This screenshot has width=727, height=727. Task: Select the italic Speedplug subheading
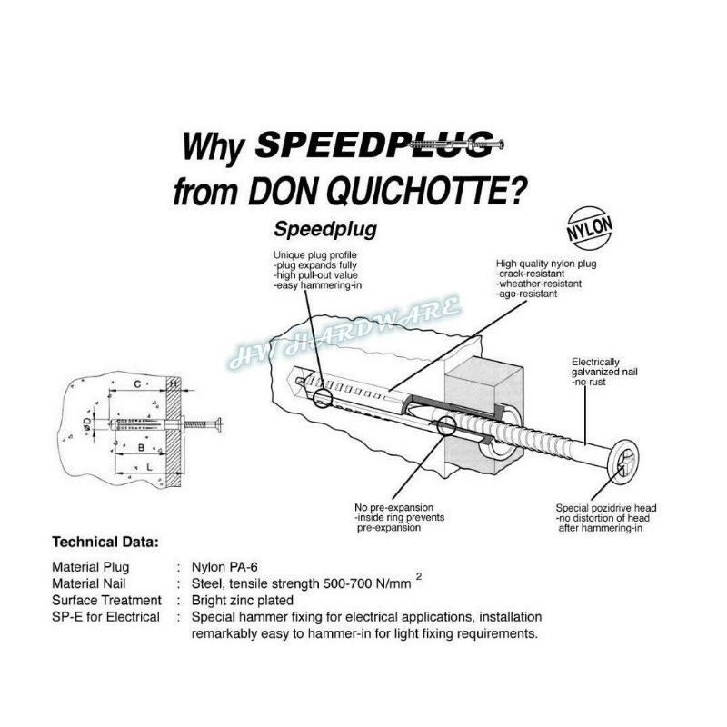(324, 229)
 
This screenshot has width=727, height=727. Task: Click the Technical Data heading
(105, 542)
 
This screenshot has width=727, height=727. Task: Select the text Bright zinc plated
(242, 600)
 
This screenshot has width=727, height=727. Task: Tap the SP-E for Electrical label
(105, 617)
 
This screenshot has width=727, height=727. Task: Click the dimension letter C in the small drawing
(135, 385)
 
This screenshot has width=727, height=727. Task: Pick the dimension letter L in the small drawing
(149, 466)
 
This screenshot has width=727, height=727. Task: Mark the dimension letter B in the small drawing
(141, 447)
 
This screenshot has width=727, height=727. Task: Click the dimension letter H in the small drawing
(174, 385)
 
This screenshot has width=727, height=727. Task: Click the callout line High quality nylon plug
(542, 261)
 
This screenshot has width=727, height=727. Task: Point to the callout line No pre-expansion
(393, 506)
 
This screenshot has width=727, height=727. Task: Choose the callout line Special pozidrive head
(606, 507)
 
